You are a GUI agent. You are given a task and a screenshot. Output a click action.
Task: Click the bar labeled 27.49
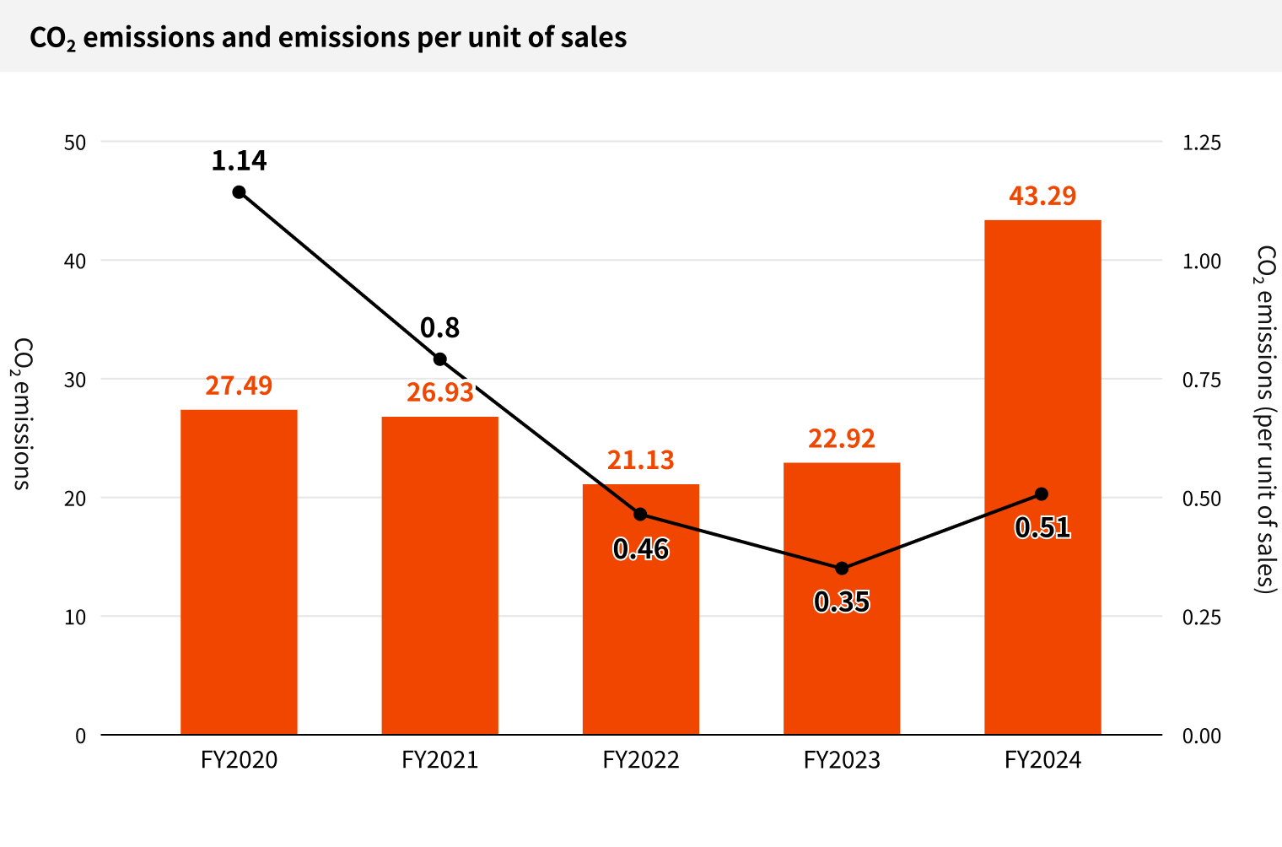click(239, 571)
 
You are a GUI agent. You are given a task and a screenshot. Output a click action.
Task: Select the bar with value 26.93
click(439, 575)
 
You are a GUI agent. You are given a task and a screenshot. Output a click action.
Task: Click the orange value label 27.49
click(239, 386)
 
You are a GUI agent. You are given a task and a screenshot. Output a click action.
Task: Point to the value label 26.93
click(440, 392)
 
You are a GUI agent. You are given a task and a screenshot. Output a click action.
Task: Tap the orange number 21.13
click(641, 460)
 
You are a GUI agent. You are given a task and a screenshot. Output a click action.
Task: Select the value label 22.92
click(842, 439)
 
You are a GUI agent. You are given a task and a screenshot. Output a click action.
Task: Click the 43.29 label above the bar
click(1042, 196)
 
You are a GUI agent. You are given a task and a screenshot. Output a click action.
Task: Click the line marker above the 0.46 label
click(640, 515)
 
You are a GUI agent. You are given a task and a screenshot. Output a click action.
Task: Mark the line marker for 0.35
click(842, 569)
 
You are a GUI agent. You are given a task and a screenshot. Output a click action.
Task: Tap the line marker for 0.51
click(1042, 494)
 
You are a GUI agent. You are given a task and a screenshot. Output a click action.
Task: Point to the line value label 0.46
click(641, 549)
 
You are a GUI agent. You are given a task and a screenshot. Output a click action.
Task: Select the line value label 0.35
click(842, 602)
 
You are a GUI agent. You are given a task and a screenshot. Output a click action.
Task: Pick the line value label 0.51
click(1042, 527)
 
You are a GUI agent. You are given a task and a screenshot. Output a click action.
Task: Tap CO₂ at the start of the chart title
click(52, 38)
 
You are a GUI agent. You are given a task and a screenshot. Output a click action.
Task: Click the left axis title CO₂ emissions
click(23, 413)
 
